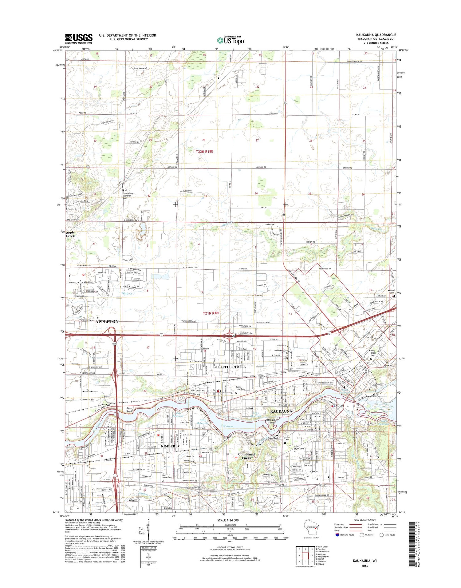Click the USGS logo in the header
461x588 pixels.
click(x=79, y=38)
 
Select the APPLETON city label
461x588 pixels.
click(x=107, y=321)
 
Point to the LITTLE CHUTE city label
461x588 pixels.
click(x=232, y=367)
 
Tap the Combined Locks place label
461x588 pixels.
click(x=246, y=456)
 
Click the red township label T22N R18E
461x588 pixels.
click(x=209, y=151)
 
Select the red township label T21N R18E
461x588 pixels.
click(x=211, y=313)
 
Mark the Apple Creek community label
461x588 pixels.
click(x=70, y=234)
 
